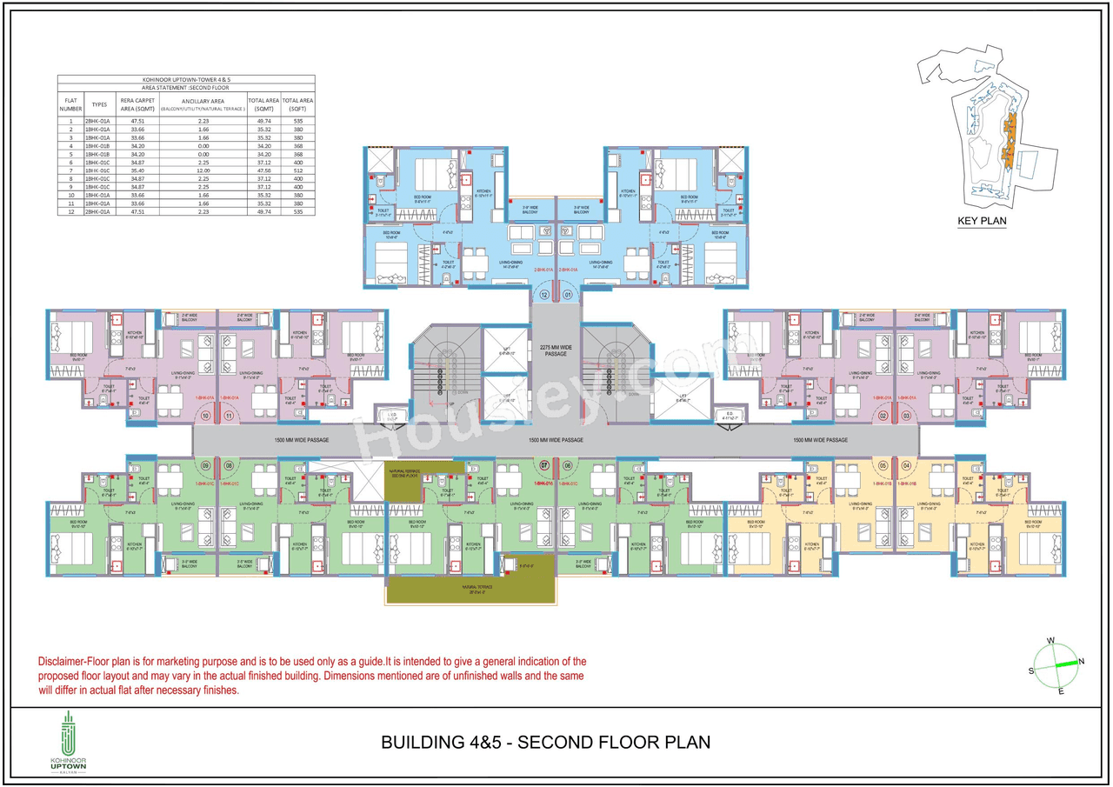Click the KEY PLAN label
coord(982,221)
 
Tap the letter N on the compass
coord(1081,662)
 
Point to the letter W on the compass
coord(1050,641)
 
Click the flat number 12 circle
coord(544,295)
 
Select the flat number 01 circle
coord(569,295)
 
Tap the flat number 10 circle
coord(206,417)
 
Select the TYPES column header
coord(100,104)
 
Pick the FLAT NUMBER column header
coord(70,104)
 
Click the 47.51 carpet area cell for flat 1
coord(137,121)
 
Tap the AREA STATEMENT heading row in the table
coord(185,88)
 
